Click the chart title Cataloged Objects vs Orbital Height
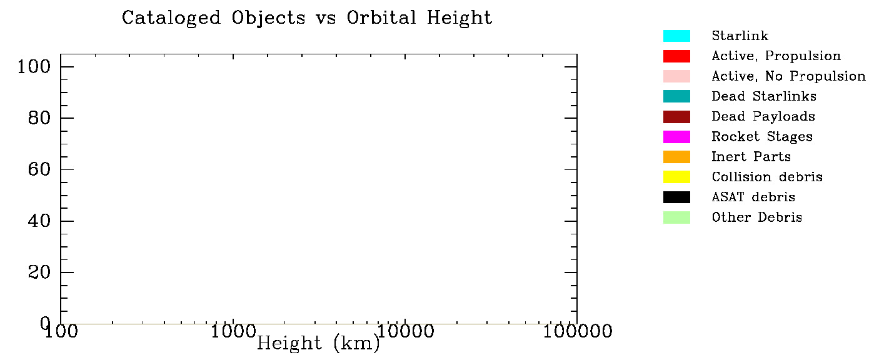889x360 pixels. coord(307,17)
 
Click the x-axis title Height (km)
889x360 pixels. coord(318,343)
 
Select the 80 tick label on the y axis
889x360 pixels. coord(41,118)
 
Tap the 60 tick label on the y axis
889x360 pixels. coord(41,169)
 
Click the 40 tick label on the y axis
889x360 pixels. coord(41,221)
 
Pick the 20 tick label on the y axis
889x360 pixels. coord(41,272)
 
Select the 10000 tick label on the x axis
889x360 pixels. coord(405,331)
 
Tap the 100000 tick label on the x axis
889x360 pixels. coord(576,331)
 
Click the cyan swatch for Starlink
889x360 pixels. coord(676,36)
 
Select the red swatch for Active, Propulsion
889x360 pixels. coord(676,56)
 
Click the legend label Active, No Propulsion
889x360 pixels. coord(788,76)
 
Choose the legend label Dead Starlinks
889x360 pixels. coord(763,96)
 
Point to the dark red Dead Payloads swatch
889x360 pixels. coord(676,117)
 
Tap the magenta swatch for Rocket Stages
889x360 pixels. coord(676,137)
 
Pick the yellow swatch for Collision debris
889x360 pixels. coord(676,177)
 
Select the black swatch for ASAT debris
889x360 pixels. coord(676,197)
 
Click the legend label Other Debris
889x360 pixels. coord(756,217)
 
